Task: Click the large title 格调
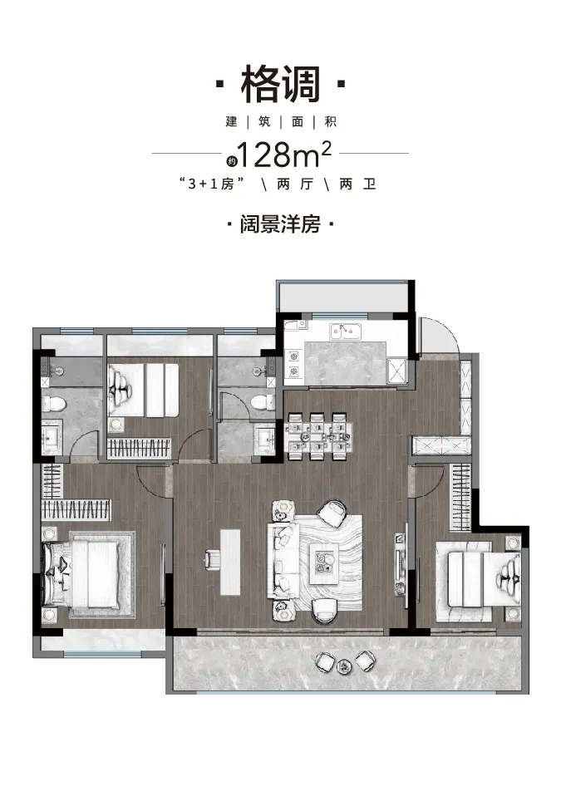280,85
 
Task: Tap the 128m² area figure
284,155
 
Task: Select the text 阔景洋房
280,224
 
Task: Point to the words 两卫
357,184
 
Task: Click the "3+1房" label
212,184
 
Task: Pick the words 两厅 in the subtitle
295,184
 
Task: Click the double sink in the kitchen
345,332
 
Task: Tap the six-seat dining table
317,435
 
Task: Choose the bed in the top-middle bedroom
144,390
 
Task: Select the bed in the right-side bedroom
478,581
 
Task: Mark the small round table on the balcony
344,666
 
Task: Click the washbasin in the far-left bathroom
52,440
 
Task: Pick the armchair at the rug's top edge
332,513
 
